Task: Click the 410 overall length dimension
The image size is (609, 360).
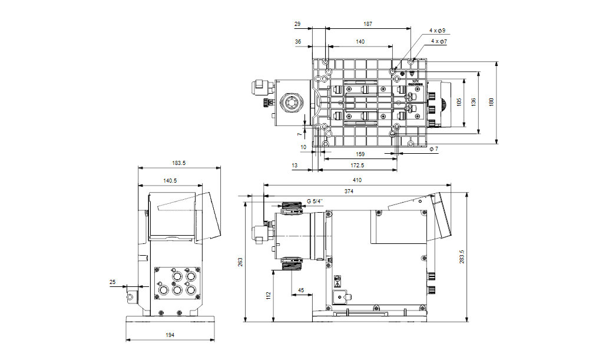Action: click(357, 180)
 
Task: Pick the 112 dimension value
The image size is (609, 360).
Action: click(268, 295)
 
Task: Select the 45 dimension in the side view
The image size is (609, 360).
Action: click(302, 290)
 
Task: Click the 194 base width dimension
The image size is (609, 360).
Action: click(170, 335)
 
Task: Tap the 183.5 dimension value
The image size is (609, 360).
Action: click(178, 163)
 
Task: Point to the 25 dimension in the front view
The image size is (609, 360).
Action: click(113, 282)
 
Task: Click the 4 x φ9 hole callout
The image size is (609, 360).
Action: click(437, 30)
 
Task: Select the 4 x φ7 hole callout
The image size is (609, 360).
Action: click(439, 42)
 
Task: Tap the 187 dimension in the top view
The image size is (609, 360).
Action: click(368, 24)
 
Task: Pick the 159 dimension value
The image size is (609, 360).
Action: click(360, 154)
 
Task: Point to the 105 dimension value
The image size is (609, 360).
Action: click(459, 101)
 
